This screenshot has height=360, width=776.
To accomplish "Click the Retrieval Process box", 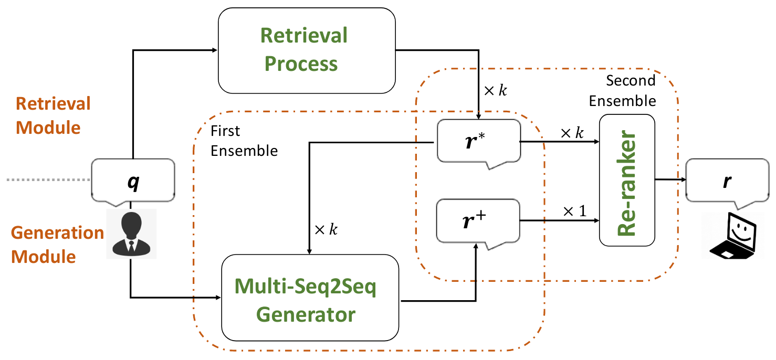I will coord(307,50).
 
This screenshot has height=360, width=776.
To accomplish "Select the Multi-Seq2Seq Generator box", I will coord(309,298).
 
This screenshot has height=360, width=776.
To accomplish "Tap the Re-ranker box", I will coord(627,179).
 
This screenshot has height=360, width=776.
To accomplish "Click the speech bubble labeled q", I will coord(133,182).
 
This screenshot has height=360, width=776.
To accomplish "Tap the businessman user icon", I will coord(131,234).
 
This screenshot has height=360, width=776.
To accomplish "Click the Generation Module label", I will coord(58,245).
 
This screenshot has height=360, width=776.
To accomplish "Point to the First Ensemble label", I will coord(244,140).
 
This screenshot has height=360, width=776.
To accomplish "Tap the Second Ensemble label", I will coord(623,90).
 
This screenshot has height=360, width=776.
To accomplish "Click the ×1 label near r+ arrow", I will coord(574,211).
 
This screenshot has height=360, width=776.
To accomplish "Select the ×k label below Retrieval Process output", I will coord(495,90).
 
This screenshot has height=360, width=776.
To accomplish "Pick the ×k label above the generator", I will coord(326,229).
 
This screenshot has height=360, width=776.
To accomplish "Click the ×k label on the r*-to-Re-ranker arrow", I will coord(571,133).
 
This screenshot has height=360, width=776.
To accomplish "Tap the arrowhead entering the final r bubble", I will coord(684,179).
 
